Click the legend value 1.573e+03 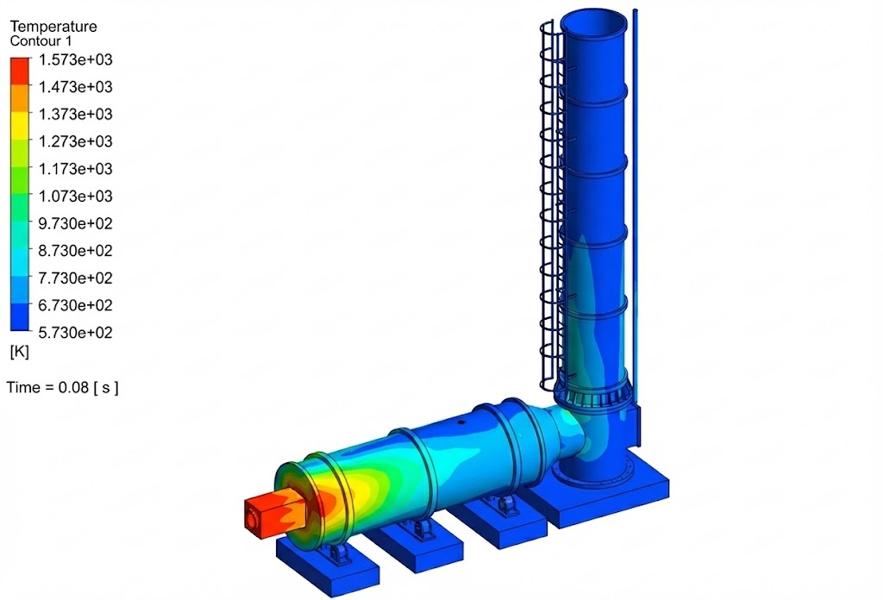click(76, 59)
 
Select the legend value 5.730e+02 click(76, 333)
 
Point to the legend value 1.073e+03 click(76, 197)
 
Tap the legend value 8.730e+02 click(76, 251)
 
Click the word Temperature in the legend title click(53, 27)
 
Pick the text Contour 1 click(41, 41)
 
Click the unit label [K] click(19, 353)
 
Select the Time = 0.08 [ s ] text click(62, 388)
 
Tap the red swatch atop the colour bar click(20, 71)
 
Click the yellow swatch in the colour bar click(20, 126)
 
